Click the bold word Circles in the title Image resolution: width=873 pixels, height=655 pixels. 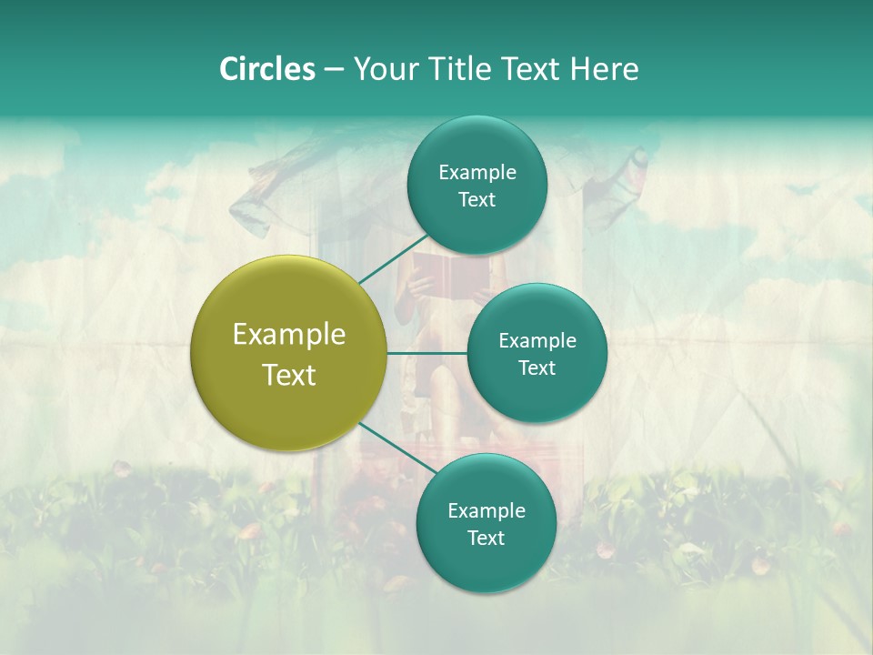click(266, 69)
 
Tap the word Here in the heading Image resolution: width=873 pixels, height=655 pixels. click(604, 69)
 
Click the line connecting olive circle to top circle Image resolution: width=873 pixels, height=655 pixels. click(393, 258)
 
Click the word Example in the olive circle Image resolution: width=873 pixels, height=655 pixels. click(289, 335)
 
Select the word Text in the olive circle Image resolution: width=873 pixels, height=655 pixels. click(289, 375)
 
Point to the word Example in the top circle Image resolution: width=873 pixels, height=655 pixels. click(477, 173)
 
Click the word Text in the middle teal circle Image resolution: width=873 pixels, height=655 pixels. click(537, 368)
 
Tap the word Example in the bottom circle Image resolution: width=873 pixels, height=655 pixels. click(486, 510)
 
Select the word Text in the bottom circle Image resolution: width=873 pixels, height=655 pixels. click(486, 538)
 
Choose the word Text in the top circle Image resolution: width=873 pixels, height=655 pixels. click(477, 200)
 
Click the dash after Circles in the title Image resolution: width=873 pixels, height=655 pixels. click(334, 69)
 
